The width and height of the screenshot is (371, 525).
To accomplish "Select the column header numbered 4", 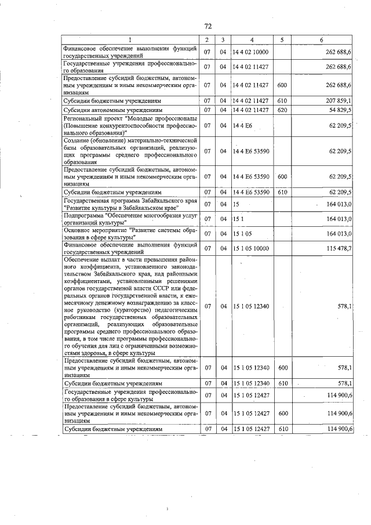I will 252,39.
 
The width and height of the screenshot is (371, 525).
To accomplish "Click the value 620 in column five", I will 282,109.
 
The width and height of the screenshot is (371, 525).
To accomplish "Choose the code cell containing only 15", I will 237,204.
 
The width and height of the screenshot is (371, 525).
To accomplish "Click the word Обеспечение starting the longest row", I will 82,260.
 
